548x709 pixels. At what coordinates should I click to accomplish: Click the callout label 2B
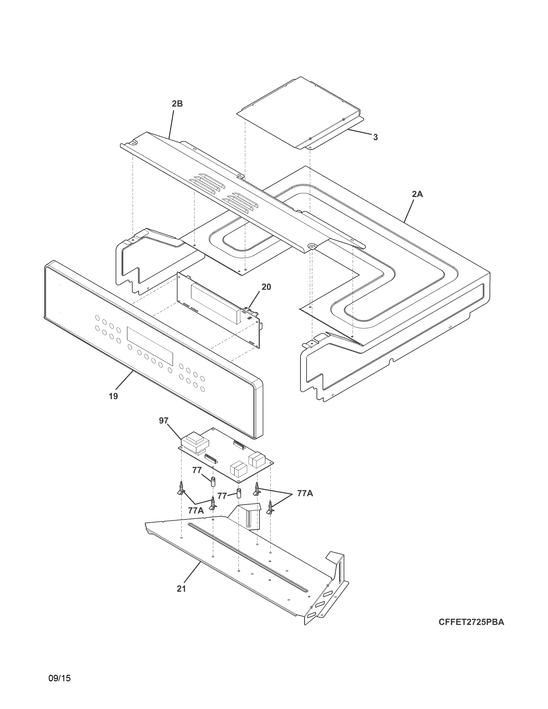[177, 104]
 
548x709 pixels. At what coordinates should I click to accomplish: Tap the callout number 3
[375, 137]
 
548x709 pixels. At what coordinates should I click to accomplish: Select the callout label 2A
[418, 194]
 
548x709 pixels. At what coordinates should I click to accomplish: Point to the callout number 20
[266, 287]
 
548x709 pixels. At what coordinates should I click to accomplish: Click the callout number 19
[113, 396]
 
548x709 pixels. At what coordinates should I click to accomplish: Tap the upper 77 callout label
[197, 470]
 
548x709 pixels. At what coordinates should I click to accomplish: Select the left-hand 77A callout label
[196, 510]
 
